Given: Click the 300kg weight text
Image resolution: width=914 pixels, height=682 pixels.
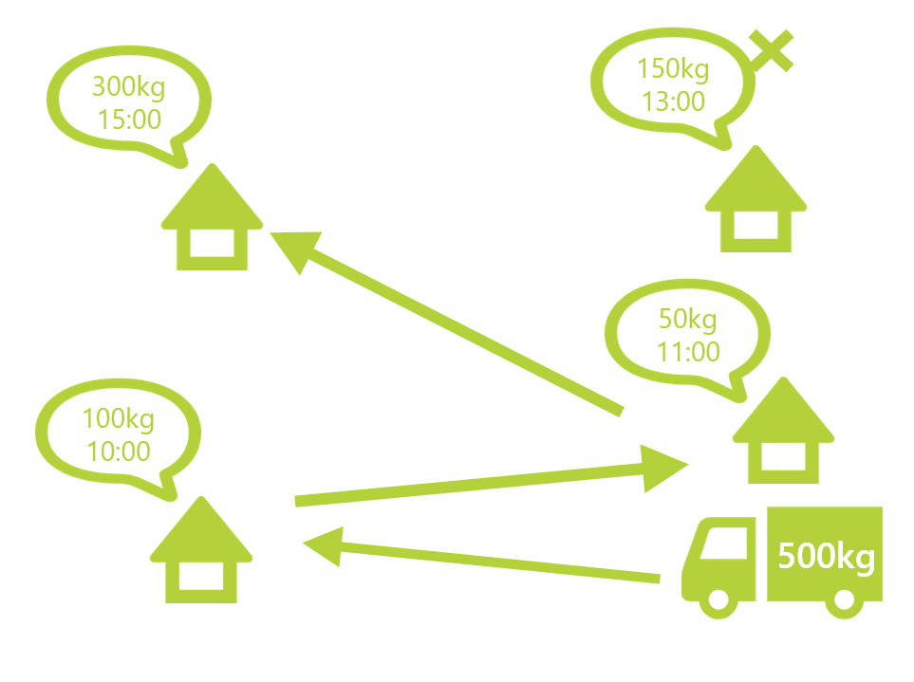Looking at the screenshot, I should point(128,88).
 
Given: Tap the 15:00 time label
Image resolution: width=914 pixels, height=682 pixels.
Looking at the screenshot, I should point(128,120).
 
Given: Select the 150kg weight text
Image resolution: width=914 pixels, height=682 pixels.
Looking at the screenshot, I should point(673,69).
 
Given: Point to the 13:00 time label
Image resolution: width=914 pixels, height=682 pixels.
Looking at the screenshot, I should point(673,101).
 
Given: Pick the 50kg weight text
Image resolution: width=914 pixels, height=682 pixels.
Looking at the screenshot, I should point(688,319).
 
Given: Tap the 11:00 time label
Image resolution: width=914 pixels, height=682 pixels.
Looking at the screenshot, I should point(688,351).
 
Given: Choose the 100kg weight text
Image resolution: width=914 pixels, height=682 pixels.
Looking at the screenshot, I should point(117,418).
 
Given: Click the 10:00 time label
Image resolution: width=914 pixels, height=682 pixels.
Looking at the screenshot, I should point(118,451).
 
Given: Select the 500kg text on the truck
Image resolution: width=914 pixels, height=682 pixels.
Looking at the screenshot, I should point(825,556).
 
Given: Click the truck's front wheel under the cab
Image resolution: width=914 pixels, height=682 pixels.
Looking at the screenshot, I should point(718,599).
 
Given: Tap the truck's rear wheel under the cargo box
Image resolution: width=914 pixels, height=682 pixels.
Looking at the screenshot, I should point(842,599).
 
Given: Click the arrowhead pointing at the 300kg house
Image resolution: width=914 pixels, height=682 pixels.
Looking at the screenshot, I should point(294,249).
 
